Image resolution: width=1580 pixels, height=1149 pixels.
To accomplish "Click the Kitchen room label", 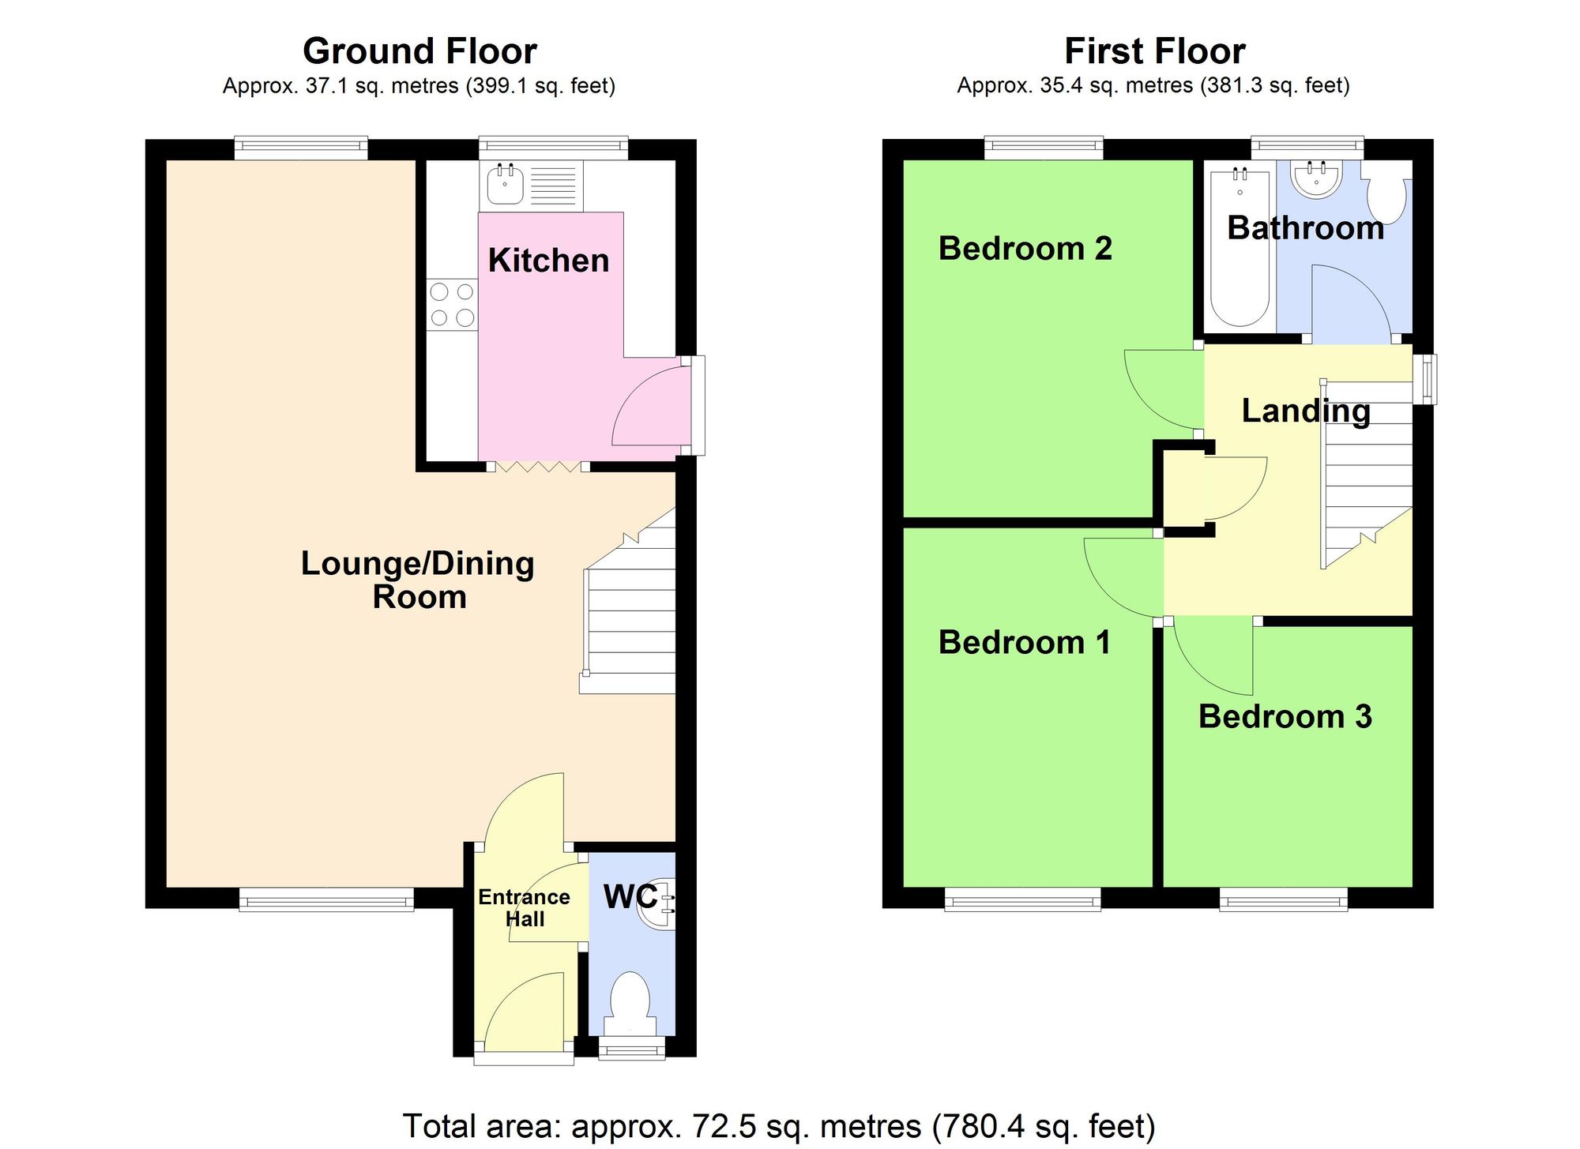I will click(548, 261).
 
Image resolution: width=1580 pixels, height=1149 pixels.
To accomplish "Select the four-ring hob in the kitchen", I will click(453, 305).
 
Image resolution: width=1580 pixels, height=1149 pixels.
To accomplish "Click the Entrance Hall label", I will click(524, 908).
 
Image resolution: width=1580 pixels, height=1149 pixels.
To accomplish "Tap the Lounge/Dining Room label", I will click(418, 580).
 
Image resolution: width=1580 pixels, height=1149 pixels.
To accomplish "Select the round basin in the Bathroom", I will click(1316, 178).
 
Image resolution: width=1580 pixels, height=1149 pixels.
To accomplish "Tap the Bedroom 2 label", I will click(1025, 249).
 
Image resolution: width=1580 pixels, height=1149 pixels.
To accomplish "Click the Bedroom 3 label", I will click(1285, 717).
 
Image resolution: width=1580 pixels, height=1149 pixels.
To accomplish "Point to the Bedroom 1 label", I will click(1024, 642).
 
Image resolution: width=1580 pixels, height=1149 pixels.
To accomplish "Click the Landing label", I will click(1305, 411).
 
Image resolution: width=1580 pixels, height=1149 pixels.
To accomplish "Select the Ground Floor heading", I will click(419, 51).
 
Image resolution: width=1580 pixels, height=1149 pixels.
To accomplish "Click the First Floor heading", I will click(1154, 51).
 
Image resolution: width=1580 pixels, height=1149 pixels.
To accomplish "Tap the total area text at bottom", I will click(779, 1126).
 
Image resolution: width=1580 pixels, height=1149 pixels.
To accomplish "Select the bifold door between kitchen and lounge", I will click(537, 467).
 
